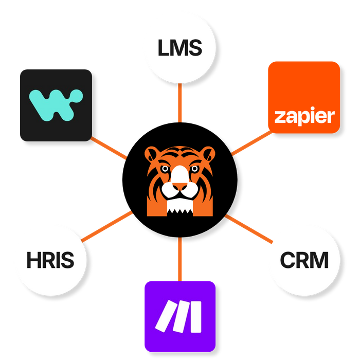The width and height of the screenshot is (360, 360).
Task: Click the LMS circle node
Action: click(x=180, y=50)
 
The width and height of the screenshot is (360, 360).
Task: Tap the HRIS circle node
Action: click(x=50, y=260)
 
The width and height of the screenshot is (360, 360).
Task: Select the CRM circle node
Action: click(x=304, y=260)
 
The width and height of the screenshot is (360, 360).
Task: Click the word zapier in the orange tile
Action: click(x=304, y=116)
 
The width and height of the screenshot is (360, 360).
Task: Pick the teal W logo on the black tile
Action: click(x=56, y=104)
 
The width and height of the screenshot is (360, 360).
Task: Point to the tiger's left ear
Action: click(x=153, y=154)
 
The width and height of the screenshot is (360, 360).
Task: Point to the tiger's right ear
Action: click(x=207, y=154)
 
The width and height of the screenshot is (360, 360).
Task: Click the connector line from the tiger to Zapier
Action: click(x=250, y=142)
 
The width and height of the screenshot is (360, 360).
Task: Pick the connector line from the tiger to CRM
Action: click(x=249, y=228)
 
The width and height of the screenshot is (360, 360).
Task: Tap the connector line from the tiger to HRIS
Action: click(x=107, y=226)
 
